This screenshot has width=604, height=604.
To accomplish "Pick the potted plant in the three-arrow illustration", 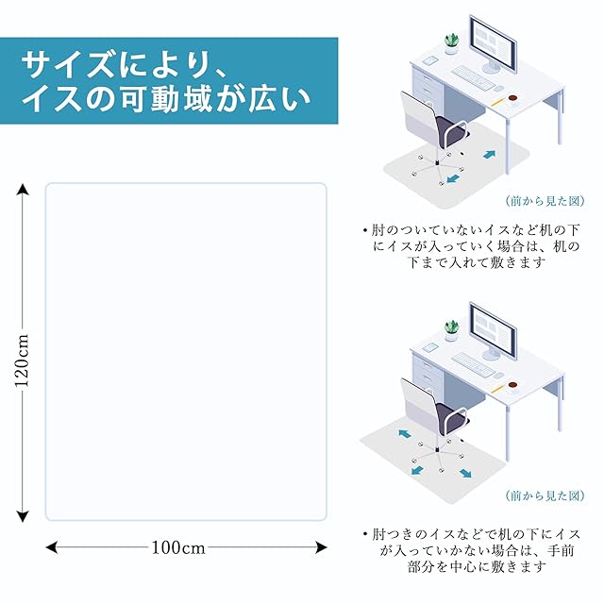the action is click(452, 327).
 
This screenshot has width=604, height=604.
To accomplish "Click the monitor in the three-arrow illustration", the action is click(496, 329).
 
